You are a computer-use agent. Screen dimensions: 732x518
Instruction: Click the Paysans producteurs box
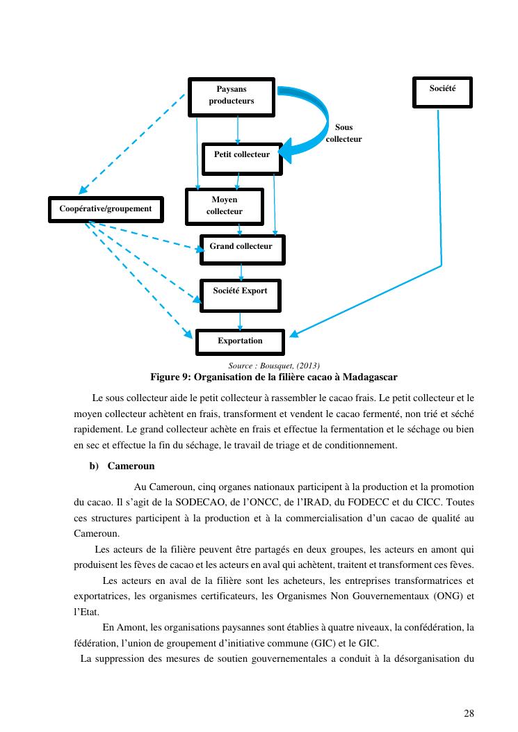tap(232, 95)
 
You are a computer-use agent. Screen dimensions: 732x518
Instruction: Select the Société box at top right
tap(442, 92)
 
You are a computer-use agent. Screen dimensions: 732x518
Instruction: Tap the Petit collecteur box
tap(241, 158)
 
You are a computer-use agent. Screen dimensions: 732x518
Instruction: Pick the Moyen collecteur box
tap(224, 206)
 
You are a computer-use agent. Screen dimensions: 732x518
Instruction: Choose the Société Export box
tap(240, 295)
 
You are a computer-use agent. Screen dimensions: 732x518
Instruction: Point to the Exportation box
tap(240, 341)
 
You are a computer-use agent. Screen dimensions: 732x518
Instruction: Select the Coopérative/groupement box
tap(106, 209)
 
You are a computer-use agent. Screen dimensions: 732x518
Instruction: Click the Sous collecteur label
tap(343, 133)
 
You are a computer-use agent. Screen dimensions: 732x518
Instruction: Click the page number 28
tap(469, 713)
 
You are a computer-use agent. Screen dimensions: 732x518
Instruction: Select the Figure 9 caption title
tap(274, 377)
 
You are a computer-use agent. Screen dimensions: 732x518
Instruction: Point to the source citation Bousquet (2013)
tap(274, 366)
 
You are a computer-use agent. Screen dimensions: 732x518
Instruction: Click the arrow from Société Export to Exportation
tap(241, 320)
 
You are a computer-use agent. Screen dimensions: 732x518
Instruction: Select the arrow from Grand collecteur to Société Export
tap(241, 272)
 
